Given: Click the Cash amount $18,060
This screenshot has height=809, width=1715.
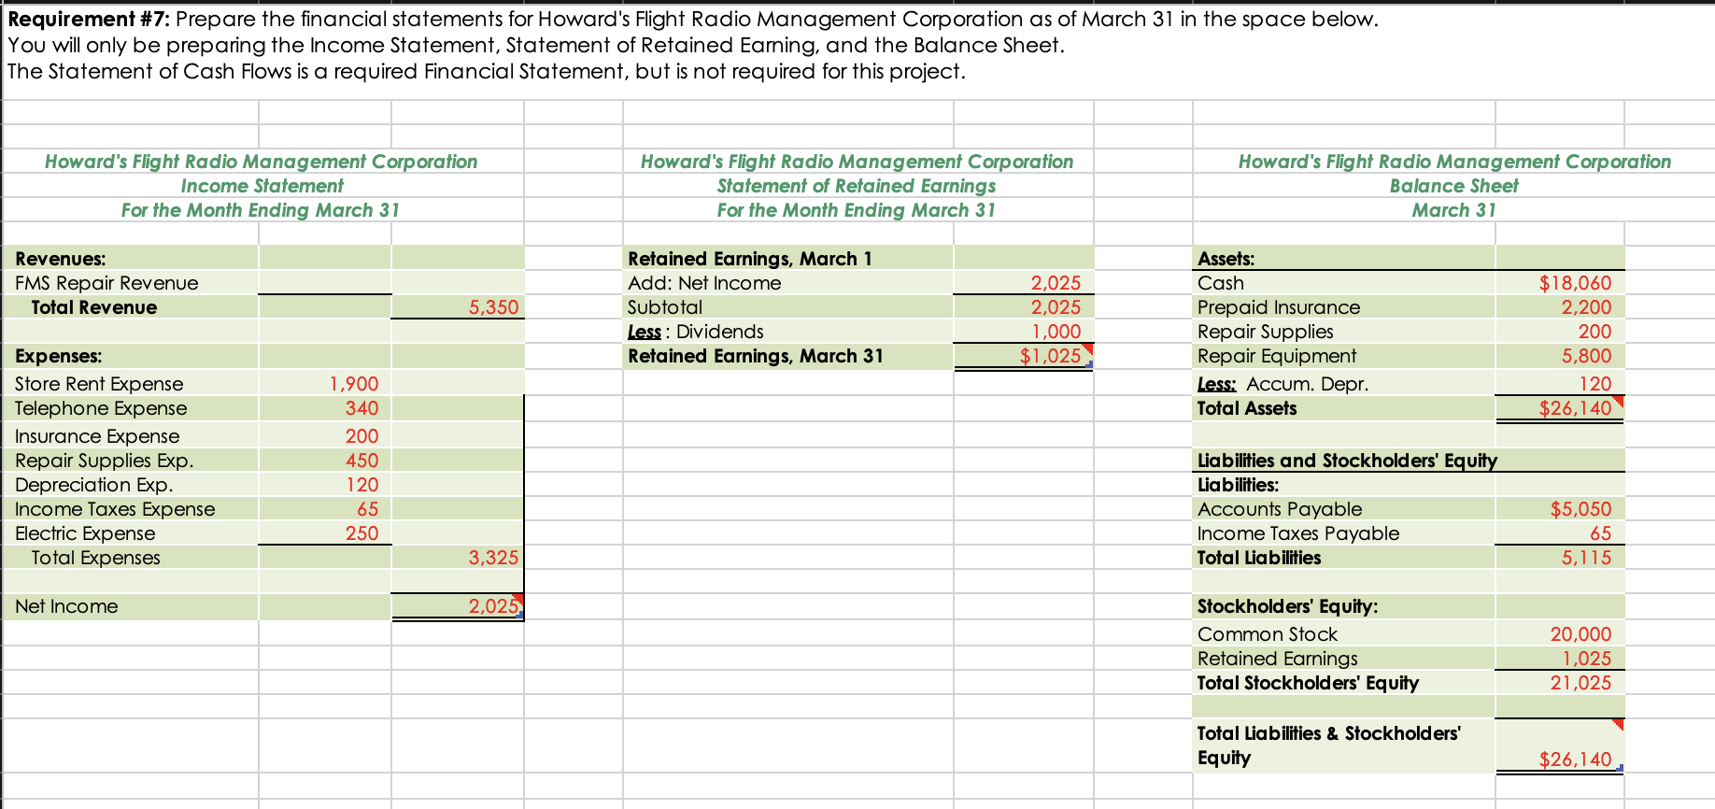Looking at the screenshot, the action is point(1575,283).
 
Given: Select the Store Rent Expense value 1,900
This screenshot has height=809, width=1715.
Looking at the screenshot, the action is point(354,384).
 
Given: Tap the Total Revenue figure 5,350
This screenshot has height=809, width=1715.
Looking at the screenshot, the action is point(493,307).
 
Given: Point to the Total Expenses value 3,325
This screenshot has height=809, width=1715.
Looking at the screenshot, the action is point(493,558).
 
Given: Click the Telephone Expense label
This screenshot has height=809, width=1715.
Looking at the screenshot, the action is point(101,408).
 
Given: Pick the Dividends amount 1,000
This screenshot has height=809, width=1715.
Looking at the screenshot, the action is point(1056,332).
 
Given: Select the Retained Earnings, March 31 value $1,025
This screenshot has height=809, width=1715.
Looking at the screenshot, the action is point(1050,356).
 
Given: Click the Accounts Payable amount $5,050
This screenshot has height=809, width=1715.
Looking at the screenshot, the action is point(1580,509).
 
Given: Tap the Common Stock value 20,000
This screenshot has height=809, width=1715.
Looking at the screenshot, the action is point(1580,634).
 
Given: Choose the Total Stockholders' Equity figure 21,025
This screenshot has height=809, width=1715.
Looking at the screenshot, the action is point(1580,683).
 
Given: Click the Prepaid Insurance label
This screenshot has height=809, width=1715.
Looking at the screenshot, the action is point(1279,307).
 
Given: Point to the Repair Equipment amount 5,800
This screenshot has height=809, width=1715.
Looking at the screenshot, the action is point(1586,356).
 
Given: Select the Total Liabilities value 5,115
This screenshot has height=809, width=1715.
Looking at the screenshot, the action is point(1586,558).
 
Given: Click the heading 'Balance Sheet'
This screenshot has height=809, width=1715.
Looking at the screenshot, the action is point(1453,186).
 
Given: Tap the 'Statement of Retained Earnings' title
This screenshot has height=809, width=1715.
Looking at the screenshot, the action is point(857,186).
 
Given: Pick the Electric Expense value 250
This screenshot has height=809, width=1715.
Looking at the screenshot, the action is point(361,533).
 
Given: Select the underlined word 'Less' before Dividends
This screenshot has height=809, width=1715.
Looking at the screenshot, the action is point(644,332).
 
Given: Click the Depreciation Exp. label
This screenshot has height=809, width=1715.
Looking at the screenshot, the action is point(93,485).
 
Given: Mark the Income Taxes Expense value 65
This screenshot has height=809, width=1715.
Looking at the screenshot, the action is point(367,509).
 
